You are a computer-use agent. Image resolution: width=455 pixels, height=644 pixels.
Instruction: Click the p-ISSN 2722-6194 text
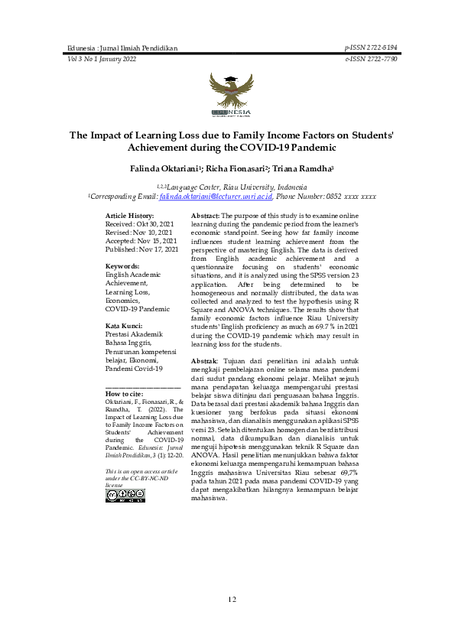click(366, 47)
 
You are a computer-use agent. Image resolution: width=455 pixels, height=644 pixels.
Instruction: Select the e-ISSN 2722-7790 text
click(366, 58)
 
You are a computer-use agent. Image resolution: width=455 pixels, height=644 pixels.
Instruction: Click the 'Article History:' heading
click(129, 216)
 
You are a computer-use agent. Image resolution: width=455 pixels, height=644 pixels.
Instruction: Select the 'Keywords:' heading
click(122, 265)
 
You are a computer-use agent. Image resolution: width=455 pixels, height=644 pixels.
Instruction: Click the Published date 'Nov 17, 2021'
click(158, 249)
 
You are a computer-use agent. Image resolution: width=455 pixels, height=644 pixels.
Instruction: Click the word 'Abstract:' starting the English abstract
click(205, 216)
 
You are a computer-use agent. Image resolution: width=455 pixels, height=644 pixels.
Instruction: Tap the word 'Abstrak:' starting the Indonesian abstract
click(204, 360)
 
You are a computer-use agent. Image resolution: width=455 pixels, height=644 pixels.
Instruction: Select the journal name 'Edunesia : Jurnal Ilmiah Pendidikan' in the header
click(122, 48)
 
